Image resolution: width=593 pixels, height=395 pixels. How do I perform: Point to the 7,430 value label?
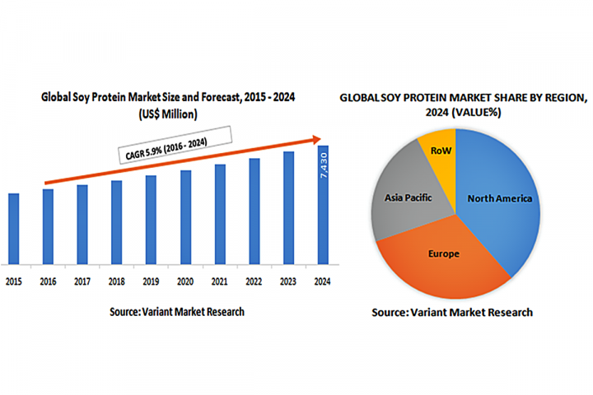point(324,170)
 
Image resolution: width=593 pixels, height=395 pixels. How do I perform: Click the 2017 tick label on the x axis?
point(82,282)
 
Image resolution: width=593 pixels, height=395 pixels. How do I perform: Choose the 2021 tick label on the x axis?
point(220,282)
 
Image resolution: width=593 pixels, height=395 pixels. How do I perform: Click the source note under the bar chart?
point(177,312)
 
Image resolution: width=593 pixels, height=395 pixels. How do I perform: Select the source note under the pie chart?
point(452,313)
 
